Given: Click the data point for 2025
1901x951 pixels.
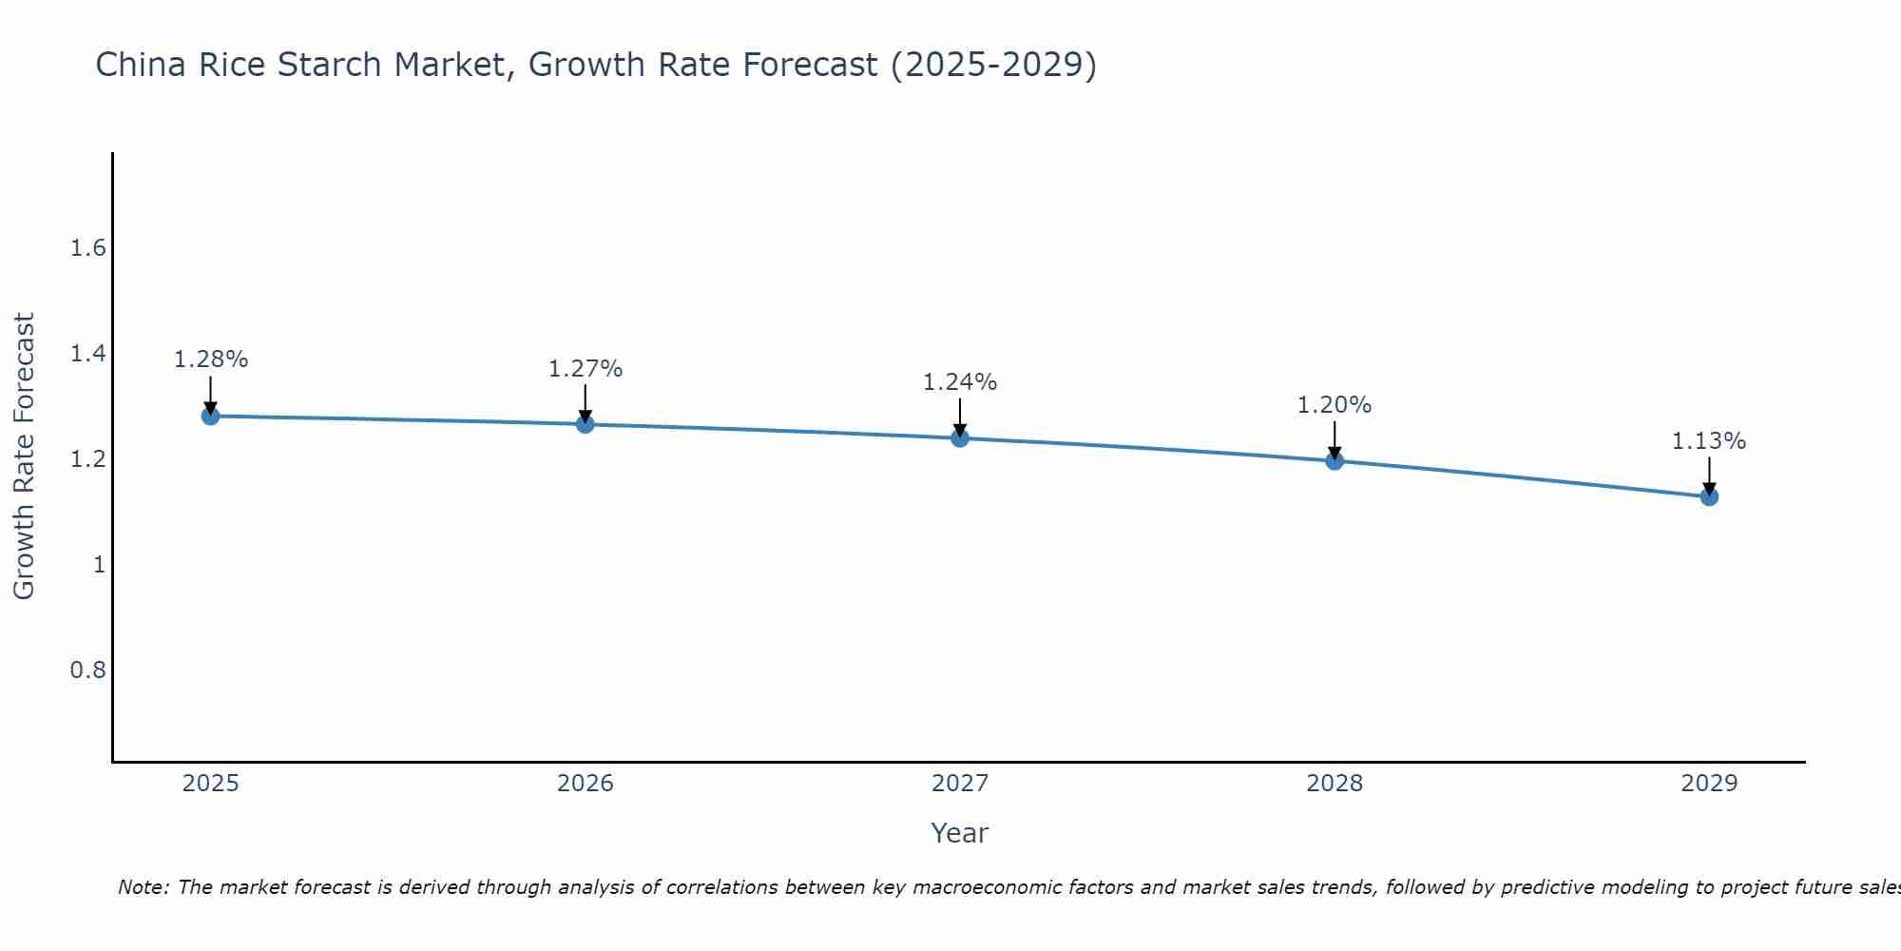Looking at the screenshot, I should pyautogui.click(x=210, y=416).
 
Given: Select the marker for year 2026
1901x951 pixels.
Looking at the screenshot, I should pyautogui.click(x=585, y=424).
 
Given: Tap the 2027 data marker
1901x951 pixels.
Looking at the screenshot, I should pyautogui.click(x=959, y=437).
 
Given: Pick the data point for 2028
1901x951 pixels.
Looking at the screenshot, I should pyautogui.click(x=1334, y=461).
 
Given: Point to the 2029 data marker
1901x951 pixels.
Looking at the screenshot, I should pyautogui.click(x=1708, y=496).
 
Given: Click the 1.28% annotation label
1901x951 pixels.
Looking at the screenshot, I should pyautogui.click(x=210, y=359).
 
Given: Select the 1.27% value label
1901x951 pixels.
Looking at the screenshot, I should pyautogui.click(x=585, y=368).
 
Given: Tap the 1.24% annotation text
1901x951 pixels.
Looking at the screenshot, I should pyautogui.click(x=959, y=382).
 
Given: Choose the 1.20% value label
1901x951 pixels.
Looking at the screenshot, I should pyautogui.click(x=1334, y=405).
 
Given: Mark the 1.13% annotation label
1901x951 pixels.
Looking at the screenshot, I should pyautogui.click(x=1708, y=441).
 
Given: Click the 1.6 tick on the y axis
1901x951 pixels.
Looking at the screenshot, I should pyautogui.click(x=87, y=249).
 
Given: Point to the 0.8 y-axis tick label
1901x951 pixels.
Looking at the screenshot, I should pyautogui.click(x=87, y=670).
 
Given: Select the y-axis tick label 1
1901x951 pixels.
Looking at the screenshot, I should pyautogui.click(x=98, y=565).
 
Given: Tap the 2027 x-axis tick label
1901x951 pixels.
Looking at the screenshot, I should pyautogui.click(x=959, y=784).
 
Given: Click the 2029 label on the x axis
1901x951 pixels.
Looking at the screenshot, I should pyautogui.click(x=1708, y=784).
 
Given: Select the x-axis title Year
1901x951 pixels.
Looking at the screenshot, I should pyautogui.click(x=959, y=833).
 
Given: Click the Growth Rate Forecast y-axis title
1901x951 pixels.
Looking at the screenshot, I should pyautogui.click(x=24, y=456).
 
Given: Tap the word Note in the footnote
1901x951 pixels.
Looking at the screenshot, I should pyautogui.click(x=143, y=887).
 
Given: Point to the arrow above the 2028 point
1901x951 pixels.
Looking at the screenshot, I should pyautogui.click(x=1334, y=439).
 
